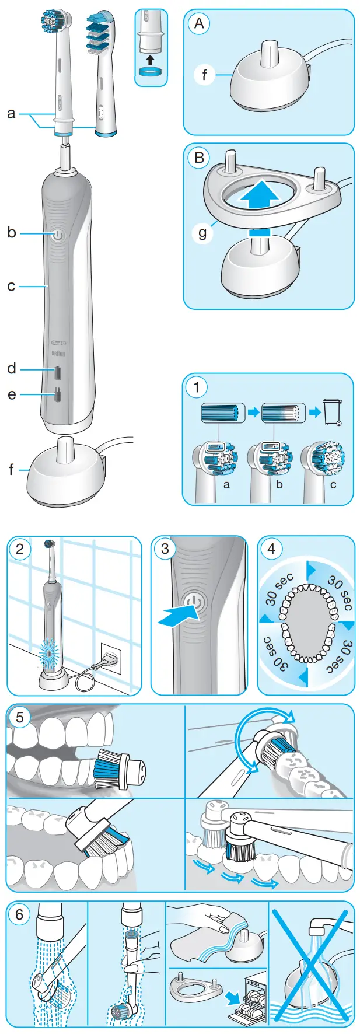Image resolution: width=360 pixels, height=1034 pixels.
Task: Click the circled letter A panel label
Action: (x=200, y=24)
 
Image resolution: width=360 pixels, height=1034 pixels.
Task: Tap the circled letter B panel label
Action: (x=200, y=158)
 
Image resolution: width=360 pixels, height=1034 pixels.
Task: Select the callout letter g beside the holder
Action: (x=203, y=233)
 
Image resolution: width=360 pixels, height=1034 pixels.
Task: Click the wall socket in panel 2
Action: (x=111, y=657)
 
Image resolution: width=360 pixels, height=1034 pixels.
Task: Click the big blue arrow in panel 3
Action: (x=177, y=614)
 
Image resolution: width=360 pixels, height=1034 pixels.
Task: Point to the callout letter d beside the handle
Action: (x=12, y=369)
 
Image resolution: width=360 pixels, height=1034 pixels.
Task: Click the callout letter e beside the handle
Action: (x=12, y=395)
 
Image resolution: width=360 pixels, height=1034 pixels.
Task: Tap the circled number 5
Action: (x=20, y=717)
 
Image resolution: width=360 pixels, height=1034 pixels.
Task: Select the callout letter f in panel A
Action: (x=204, y=75)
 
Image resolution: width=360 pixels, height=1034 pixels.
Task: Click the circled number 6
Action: (x=20, y=914)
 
